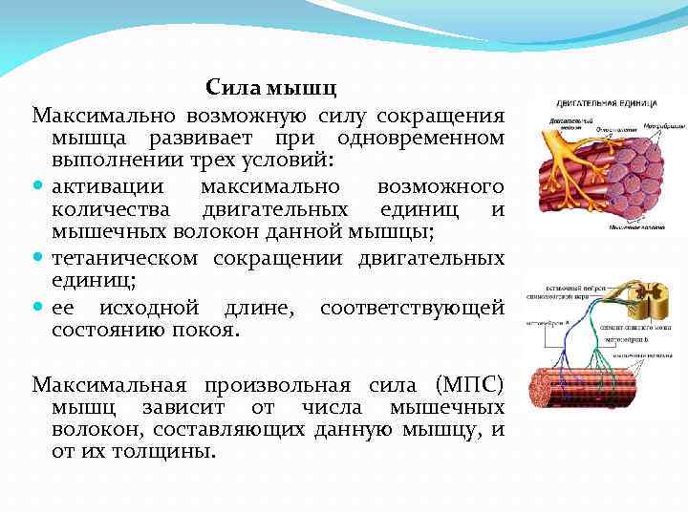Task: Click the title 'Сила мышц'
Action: tap(272, 90)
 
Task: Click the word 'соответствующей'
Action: tap(412, 308)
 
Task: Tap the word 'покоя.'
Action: tap(207, 330)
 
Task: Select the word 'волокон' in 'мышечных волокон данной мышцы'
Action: tap(226, 230)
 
